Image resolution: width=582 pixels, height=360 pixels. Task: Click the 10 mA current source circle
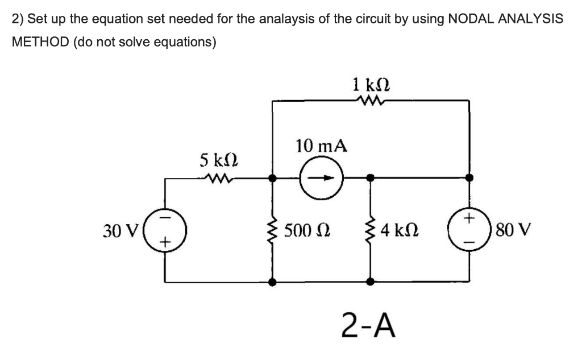pos(322,178)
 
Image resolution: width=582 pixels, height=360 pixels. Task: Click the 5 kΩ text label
pos(219,160)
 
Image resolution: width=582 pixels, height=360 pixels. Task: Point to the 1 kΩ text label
pos(371,84)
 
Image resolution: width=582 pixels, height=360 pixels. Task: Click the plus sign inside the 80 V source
pos(469,218)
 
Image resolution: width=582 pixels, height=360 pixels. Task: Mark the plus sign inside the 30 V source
pos(165,243)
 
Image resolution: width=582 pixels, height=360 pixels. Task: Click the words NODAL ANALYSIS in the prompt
pos(505,19)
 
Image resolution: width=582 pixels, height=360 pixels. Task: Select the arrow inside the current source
pos(322,178)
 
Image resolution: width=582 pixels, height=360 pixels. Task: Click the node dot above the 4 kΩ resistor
pos(371,178)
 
